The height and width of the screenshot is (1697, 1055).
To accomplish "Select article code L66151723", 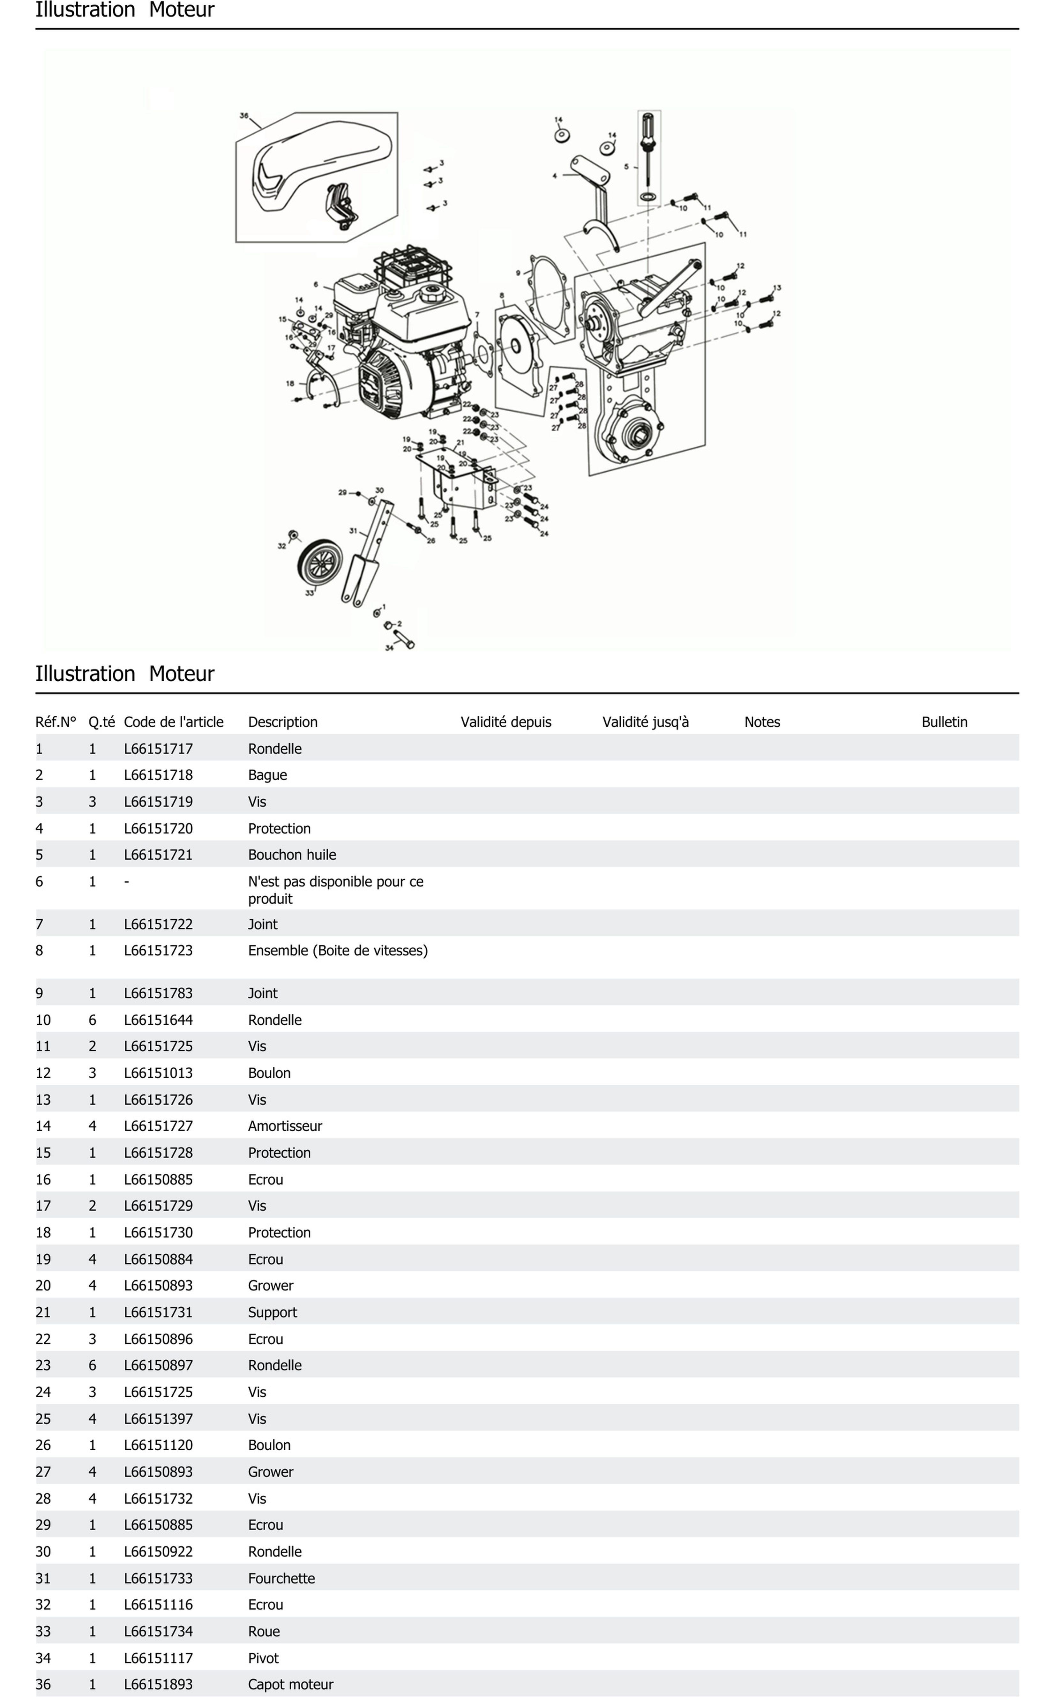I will click(158, 950).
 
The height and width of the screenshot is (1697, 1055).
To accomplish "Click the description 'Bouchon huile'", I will click(292, 855).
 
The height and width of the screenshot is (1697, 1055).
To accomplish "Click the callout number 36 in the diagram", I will click(243, 116).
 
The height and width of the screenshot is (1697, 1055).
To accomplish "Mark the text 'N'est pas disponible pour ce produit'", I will click(335, 890).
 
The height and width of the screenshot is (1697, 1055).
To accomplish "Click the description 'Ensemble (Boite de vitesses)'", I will click(338, 950).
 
